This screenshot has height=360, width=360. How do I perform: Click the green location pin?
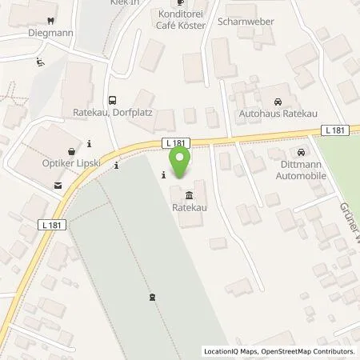pyautogui.click(x=181, y=162)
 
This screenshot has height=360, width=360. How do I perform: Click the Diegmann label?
pyautogui.click(x=51, y=34)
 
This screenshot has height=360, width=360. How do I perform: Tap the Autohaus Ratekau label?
pyautogui.click(x=277, y=114)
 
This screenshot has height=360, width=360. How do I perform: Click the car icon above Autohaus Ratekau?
pyautogui.click(x=277, y=102)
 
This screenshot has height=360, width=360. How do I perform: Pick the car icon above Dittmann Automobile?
pyautogui.click(x=300, y=152)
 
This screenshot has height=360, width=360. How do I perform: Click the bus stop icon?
pyautogui.click(x=113, y=101)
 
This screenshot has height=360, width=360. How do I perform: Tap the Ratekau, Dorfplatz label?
pyautogui.click(x=113, y=114)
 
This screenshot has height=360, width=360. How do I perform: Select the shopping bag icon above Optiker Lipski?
pyautogui.click(x=73, y=150)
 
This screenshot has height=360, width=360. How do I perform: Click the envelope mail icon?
pyautogui.click(x=58, y=186)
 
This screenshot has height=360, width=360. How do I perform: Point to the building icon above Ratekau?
pyautogui.click(x=189, y=195)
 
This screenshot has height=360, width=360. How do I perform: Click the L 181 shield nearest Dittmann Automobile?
pyautogui.click(x=335, y=130)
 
